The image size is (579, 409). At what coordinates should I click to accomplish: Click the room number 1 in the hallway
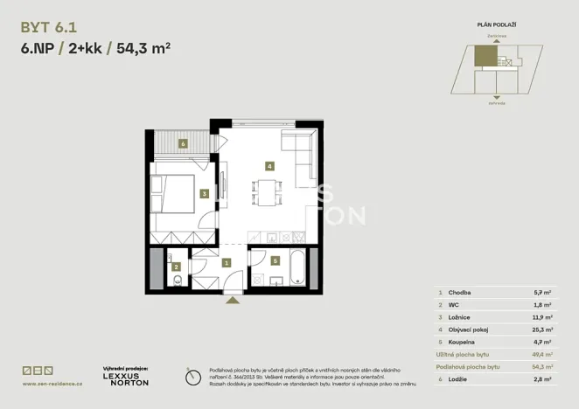coord(226,262)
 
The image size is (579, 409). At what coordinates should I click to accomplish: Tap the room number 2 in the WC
coord(177,267)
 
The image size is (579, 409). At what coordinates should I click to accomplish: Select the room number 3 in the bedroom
coord(203,194)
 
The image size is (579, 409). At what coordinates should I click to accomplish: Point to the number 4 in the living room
coord(270,165)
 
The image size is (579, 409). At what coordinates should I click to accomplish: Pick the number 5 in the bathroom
coord(275,260)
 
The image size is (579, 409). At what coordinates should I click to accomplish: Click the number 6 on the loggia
coord(183,143)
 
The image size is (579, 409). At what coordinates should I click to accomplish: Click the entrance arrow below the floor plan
coord(232,300)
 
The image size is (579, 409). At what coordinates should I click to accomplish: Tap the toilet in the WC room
coord(177,281)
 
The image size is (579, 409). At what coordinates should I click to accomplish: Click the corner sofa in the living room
coord(301,152)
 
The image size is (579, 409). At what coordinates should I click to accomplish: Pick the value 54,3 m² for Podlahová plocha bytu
coord(542,368)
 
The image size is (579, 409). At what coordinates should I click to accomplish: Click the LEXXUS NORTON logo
coord(126,378)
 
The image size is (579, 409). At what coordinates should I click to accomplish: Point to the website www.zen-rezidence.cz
coord(52,383)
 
